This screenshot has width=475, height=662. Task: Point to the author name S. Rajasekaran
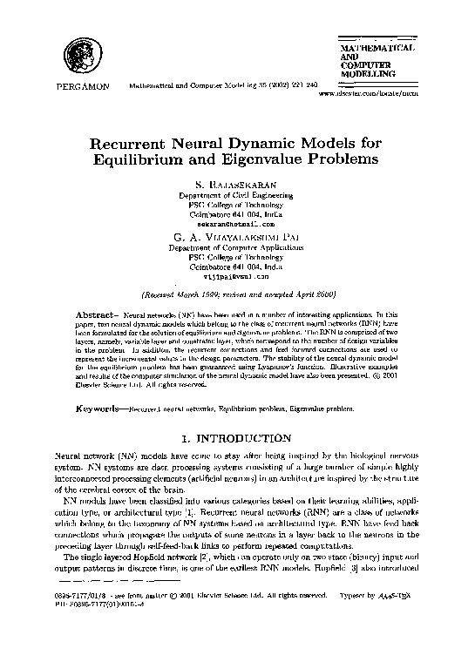click(238, 186)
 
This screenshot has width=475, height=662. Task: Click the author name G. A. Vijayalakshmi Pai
click(238, 235)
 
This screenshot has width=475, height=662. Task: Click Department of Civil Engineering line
click(238, 197)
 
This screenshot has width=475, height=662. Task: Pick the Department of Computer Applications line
click(238, 247)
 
